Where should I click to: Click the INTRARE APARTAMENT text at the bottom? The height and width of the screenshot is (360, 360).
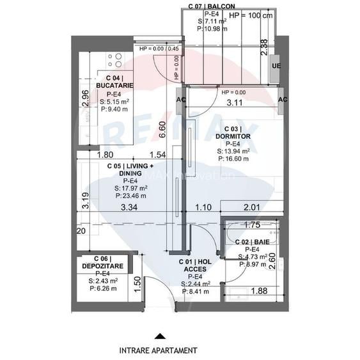(x=158, y=350)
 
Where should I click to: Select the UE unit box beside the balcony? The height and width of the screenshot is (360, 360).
(x=276, y=66)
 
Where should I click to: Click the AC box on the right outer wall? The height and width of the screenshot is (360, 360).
(x=283, y=100)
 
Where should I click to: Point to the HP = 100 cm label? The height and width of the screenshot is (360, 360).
(x=250, y=15)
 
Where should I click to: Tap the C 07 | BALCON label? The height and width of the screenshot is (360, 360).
(x=207, y=5)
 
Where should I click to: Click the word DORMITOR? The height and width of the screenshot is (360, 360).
(x=237, y=136)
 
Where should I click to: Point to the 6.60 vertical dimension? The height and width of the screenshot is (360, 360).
(x=162, y=130)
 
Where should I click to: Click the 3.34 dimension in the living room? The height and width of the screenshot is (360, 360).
(x=129, y=207)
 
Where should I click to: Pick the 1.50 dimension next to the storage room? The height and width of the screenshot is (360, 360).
(x=137, y=283)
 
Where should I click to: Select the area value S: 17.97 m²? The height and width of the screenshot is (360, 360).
(x=130, y=188)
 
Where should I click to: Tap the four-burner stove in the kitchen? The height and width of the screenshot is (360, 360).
(x=114, y=61)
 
